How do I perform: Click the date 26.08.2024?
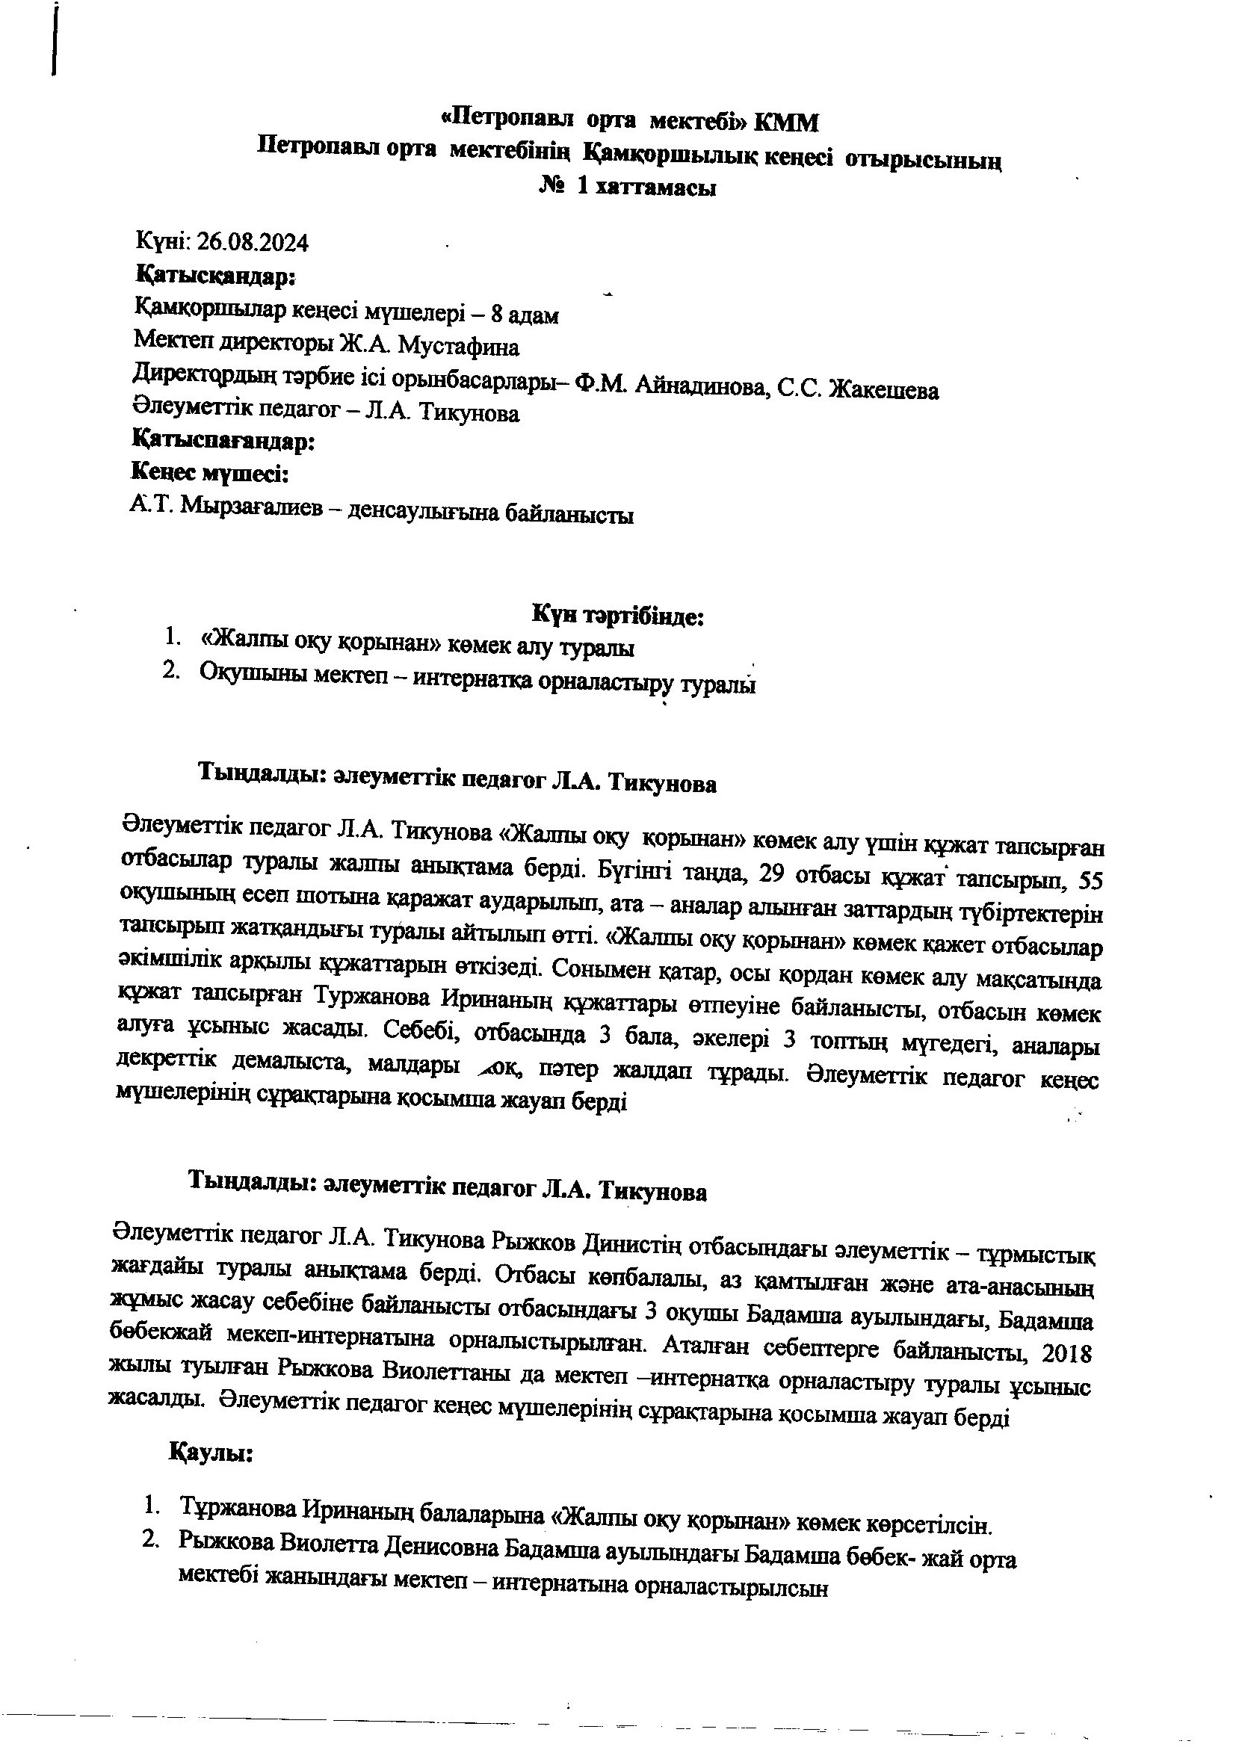tap(253, 243)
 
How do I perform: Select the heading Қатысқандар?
tap(215, 276)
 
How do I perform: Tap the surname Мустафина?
tap(459, 347)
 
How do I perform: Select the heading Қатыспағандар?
tap(223, 441)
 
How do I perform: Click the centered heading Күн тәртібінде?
tap(617, 616)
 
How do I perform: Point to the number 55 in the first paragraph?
tap(1090, 882)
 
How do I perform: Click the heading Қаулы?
tap(210, 1453)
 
